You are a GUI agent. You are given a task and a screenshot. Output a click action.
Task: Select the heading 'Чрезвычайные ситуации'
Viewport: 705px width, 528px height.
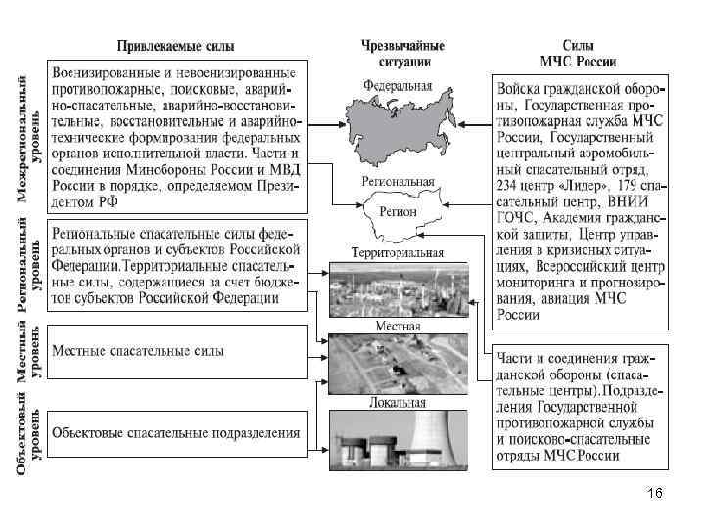(x=402, y=53)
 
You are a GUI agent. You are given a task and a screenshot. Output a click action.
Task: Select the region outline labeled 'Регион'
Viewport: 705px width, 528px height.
(x=401, y=215)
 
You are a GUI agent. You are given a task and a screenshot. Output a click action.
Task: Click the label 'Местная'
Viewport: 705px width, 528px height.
(x=398, y=326)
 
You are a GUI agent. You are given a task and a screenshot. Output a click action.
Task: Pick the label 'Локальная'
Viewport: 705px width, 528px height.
(x=398, y=402)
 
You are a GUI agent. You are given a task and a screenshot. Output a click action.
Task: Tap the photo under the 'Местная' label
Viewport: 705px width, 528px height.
(x=398, y=363)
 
